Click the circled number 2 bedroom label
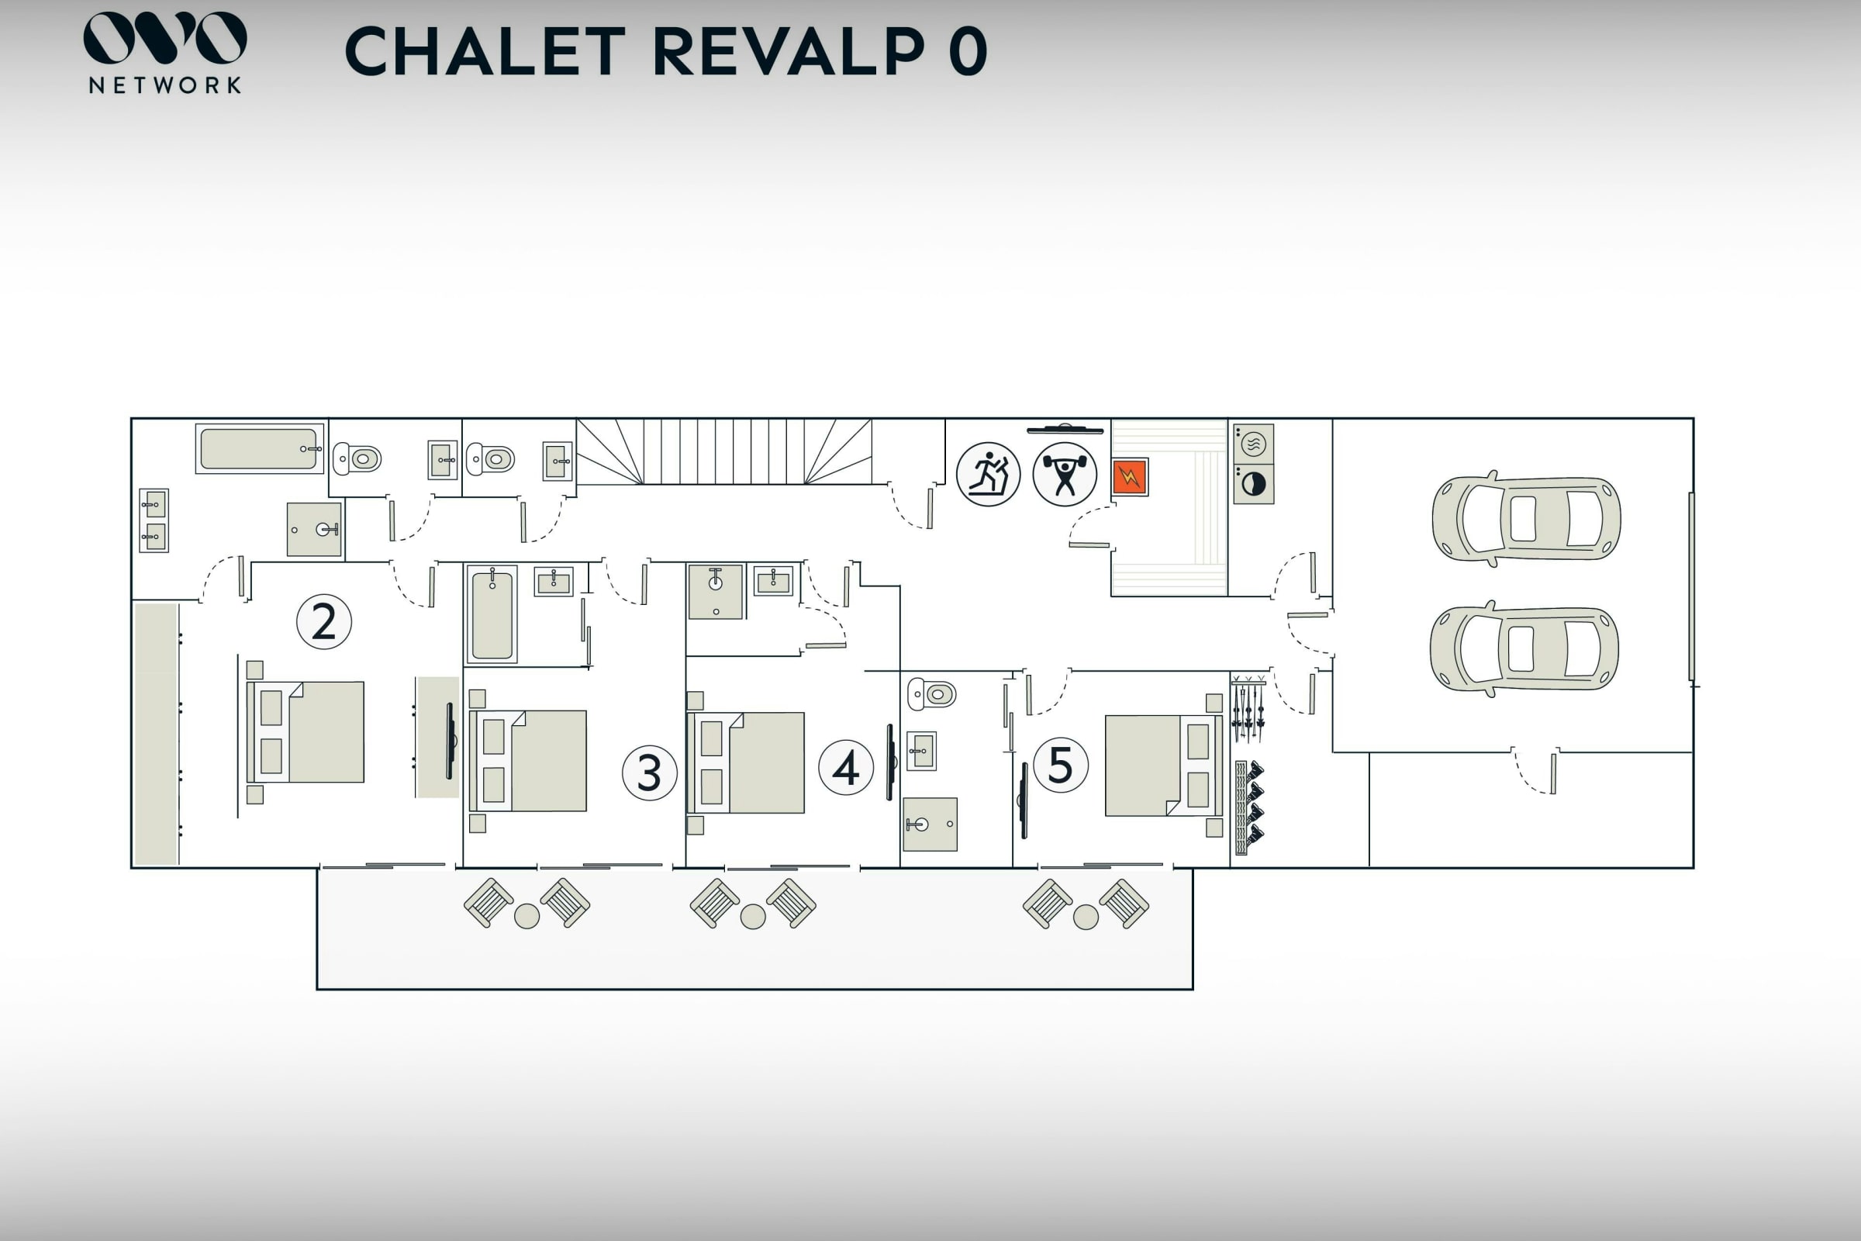point(323,622)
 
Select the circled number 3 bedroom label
point(649,773)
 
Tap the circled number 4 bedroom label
point(845,767)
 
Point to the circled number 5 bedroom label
point(1060,765)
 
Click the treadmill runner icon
point(987,474)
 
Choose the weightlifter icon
point(1064,474)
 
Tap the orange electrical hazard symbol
point(1129,477)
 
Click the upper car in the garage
point(1525,519)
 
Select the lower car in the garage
point(1524,649)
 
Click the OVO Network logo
point(164,52)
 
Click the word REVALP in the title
point(788,51)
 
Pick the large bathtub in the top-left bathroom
point(259,449)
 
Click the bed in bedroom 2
point(306,732)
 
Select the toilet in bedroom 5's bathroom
point(932,694)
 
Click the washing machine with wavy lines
point(1253,444)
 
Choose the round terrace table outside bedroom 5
point(1086,918)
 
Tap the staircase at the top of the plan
point(724,452)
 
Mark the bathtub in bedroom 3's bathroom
point(492,615)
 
